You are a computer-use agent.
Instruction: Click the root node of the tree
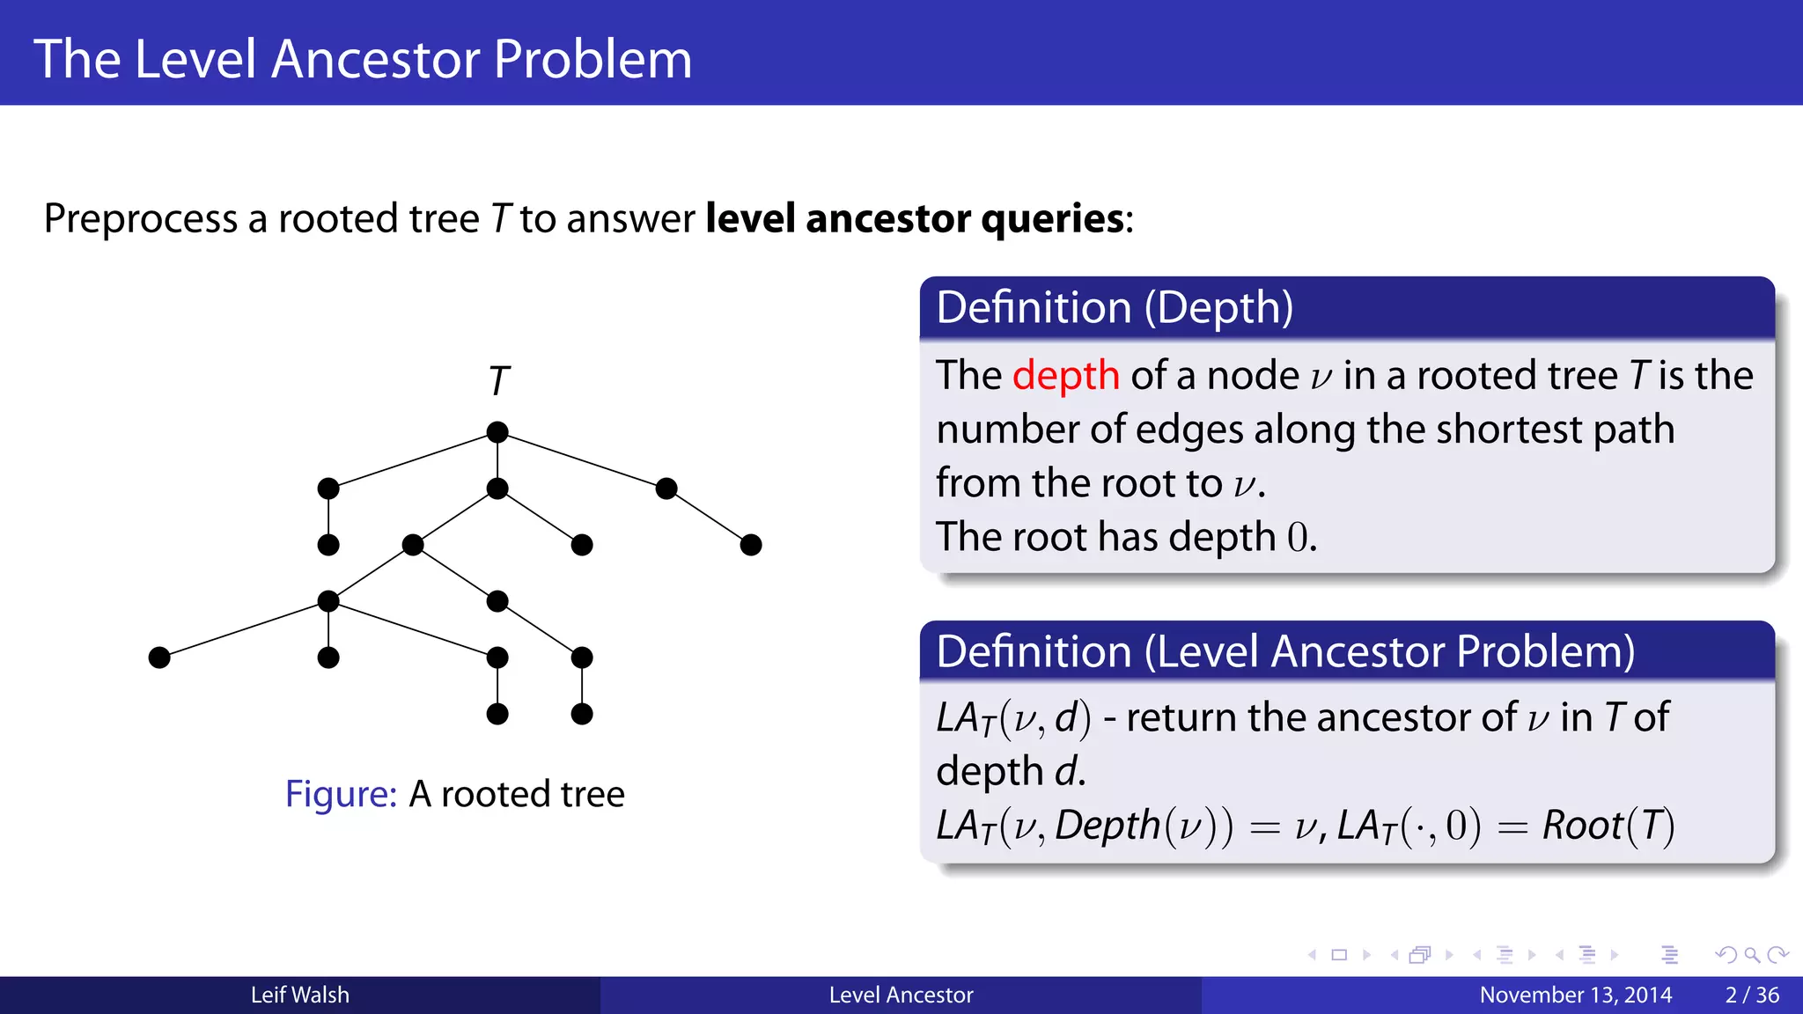497,432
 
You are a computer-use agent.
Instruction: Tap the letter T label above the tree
499,381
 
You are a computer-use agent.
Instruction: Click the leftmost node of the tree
159,658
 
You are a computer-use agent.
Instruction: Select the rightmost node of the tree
751,545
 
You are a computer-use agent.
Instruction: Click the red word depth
1065,376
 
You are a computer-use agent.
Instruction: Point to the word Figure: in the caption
341,794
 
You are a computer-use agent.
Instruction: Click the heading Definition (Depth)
1115,308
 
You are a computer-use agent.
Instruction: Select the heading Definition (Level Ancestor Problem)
1285,652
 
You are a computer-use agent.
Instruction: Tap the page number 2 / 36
1752,995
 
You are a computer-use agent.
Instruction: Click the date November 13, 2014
1575,995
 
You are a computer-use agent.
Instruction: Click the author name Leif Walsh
299,995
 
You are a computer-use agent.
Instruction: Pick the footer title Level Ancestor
901,995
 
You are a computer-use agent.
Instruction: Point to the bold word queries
1052,218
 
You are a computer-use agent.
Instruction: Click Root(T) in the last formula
1608,826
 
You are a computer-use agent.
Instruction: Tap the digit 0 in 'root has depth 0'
1298,537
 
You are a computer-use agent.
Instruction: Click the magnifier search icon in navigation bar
1751,955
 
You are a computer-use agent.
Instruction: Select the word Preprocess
140,218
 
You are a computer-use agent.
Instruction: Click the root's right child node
666,489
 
